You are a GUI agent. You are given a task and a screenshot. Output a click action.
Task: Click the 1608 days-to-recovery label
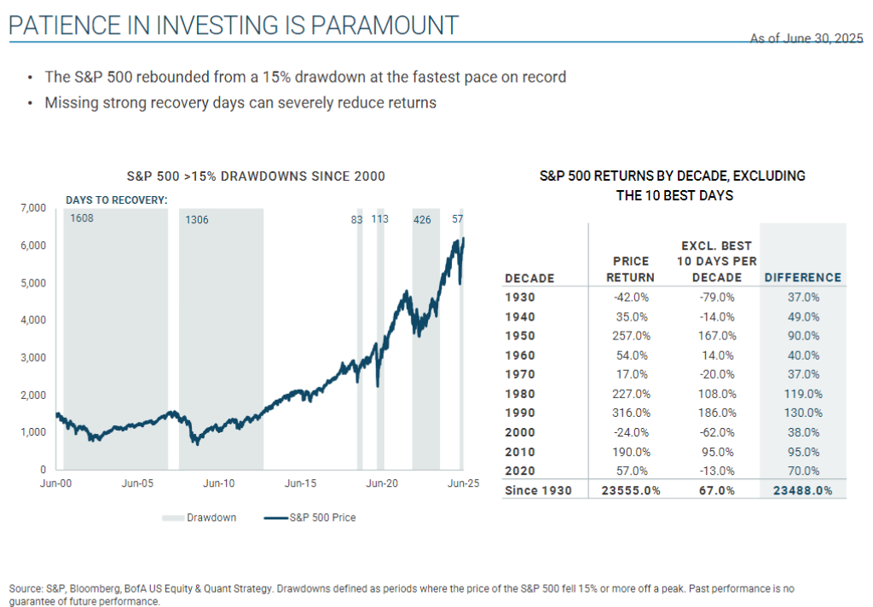(x=82, y=219)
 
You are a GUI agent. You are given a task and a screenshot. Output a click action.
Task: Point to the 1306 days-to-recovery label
(x=197, y=220)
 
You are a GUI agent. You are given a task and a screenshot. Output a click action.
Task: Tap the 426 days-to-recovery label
(x=422, y=220)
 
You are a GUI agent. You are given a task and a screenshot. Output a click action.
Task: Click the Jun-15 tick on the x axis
(x=300, y=483)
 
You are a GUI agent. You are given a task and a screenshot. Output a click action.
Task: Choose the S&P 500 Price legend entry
(x=317, y=517)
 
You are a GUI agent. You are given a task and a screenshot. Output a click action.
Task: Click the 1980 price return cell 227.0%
(x=633, y=394)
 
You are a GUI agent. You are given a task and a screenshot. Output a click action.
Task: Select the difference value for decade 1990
(x=801, y=413)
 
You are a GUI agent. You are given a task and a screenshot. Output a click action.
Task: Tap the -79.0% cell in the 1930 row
(x=714, y=298)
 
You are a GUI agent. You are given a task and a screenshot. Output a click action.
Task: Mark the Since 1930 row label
(x=538, y=490)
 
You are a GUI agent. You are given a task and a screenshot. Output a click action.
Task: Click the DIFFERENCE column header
(x=802, y=278)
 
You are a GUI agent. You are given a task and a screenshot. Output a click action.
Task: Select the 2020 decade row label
(x=519, y=471)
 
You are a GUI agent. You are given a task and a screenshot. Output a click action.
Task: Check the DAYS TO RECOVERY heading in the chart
(x=117, y=200)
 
